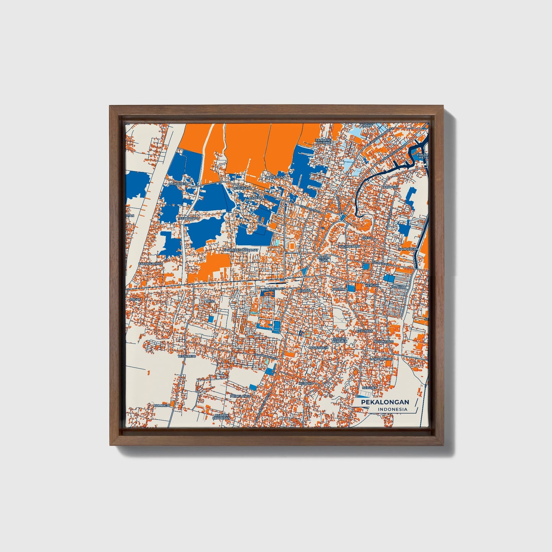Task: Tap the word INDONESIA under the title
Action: (x=393, y=410)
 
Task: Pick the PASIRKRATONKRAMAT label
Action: (x=241, y=250)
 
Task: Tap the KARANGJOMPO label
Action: (x=151, y=264)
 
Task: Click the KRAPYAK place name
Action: (x=391, y=187)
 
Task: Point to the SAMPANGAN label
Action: (x=408, y=249)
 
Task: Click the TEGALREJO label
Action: (x=187, y=356)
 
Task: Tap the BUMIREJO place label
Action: (x=162, y=405)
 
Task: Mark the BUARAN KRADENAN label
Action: (x=222, y=416)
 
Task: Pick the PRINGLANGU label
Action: (x=240, y=396)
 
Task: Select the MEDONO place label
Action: (x=306, y=383)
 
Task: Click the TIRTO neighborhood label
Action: (x=210, y=301)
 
